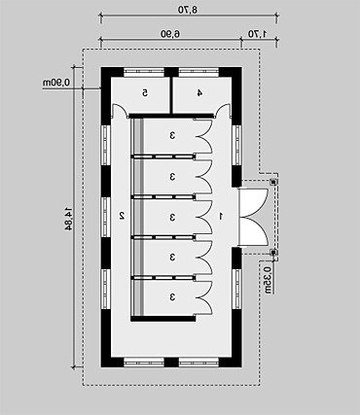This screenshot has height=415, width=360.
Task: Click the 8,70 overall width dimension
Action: [188, 10]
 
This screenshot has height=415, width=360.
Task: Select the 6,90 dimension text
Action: [170, 33]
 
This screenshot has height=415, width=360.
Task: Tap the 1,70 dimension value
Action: [257, 33]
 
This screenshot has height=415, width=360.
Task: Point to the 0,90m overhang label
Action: [56, 83]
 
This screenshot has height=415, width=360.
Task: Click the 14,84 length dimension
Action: [68, 218]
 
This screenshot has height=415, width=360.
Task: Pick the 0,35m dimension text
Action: [268, 280]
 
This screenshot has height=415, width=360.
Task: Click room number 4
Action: [199, 93]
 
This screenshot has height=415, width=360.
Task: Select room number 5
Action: [145, 93]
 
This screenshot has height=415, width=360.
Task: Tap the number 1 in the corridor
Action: [221, 216]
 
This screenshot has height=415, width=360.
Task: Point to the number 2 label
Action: [122, 216]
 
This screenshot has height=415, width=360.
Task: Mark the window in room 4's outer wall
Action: [198, 72]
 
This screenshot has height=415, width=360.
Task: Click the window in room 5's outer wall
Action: [144, 72]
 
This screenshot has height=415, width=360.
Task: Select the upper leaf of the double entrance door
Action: [254, 203]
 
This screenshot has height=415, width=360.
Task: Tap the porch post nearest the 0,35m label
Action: [273, 252]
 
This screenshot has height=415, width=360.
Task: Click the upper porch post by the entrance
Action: [273, 182]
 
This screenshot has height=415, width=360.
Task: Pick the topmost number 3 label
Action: [172, 135]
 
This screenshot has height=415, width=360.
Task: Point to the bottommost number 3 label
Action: [172, 296]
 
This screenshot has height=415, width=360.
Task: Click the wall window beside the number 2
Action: [106, 217]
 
